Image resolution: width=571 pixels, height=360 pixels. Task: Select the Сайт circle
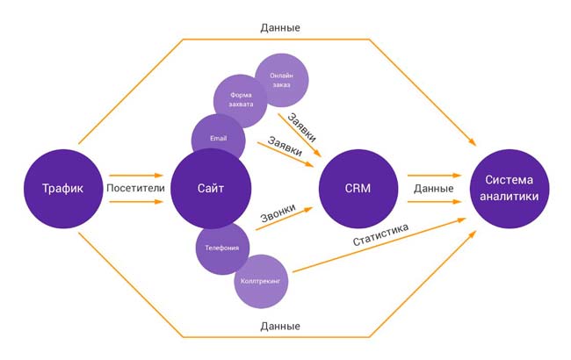(x=212, y=189)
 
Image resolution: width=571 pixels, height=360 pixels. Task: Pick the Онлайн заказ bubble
(x=282, y=80)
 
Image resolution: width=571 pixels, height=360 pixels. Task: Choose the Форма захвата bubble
(x=241, y=99)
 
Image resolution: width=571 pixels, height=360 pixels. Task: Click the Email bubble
(x=218, y=139)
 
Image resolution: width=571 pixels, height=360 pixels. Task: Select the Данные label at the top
(x=280, y=27)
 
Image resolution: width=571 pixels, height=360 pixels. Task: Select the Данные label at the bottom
(x=280, y=326)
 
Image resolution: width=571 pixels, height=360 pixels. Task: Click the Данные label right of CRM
(x=433, y=188)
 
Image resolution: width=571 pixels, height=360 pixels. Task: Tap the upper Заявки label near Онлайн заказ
(x=301, y=125)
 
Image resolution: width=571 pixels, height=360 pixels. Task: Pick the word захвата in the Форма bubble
(x=241, y=104)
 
